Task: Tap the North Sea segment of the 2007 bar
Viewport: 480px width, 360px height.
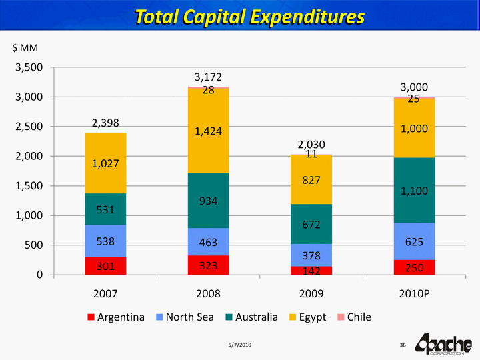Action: click(105, 241)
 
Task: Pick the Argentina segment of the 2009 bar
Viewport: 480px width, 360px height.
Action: click(311, 271)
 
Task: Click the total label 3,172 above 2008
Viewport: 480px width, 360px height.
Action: click(208, 77)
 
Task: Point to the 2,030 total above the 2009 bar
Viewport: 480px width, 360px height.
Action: click(311, 144)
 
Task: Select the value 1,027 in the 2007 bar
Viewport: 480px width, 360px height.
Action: click(105, 163)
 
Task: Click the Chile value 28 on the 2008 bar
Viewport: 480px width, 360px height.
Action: click(208, 90)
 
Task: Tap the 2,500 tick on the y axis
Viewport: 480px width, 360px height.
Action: click(30, 127)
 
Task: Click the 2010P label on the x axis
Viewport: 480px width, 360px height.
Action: click(414, 293)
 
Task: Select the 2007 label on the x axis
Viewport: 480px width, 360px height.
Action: click(105, 293)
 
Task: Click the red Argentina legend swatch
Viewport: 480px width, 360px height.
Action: click(91, 317)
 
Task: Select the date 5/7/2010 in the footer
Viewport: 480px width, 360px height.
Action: click(239, 344)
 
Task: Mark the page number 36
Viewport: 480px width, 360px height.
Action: click(403, 344)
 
